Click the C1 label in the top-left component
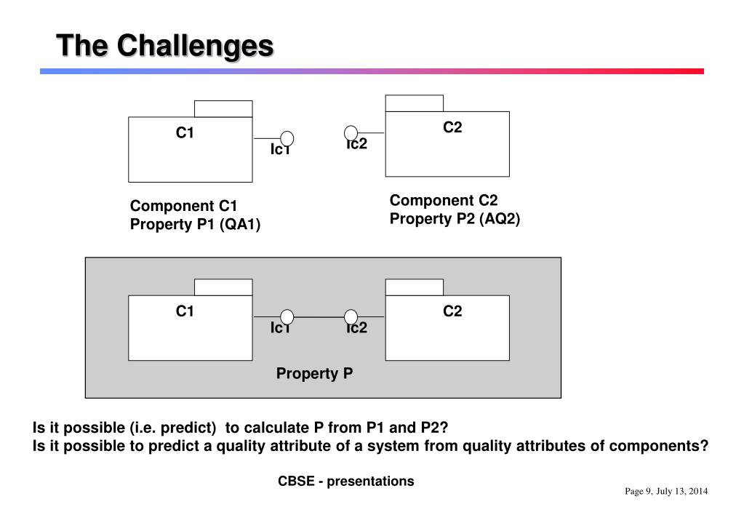pyautogui.click(x=185, y=132)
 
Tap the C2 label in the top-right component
pyautogui.click(x=452, y=127)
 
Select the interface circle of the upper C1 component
pyautogui.click(x=287, y=138)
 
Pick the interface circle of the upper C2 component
pyautogui.click(x=351, y=132)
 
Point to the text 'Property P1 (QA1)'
pyautogui.click(x=195, y=224)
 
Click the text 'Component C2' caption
pyautogui.click(x=444, y=200)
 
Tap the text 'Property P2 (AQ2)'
pyautogui.click(x=455, y=218)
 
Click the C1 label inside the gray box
pyautogui.click(x=185, y=311)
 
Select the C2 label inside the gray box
pyautogui.click(x=452, y=311)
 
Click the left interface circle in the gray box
pyautogui.click(x=287, y=317)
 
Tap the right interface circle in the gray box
pyautogui.click(x=351, y=317)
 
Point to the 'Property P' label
pyautogui.click(x=314, y=374)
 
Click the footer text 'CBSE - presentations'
pyautogui.click(x=345, y=481)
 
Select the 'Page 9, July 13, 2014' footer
pyautogui.click(x=666, y=492)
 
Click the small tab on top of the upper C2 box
pyautogui.click(x=414, y=103)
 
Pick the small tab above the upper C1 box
pyautogui.click(x=223, y=109)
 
